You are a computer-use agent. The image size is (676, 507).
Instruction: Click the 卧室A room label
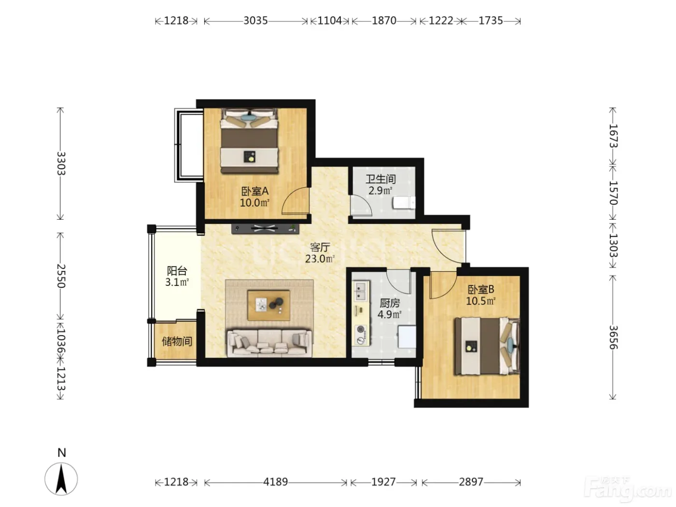point(254,192)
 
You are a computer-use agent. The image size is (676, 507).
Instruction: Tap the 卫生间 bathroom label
point(380,179)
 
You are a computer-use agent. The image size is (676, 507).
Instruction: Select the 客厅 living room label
point(320,247)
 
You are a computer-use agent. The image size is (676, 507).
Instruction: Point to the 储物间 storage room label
point(177,341)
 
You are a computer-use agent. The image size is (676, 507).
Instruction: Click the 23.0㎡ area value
point(320,259)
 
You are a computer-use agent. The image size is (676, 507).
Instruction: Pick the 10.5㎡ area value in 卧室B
point(480,301)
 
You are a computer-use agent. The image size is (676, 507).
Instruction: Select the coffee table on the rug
point(268,305)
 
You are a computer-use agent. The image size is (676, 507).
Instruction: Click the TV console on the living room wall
point(265,229)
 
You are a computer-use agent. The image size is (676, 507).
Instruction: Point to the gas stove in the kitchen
point(361,335)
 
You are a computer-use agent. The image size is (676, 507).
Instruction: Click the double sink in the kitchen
point(361,291)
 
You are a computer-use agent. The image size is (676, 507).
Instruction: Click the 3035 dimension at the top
point(255,21)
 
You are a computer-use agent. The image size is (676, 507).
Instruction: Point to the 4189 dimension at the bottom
point(275,482)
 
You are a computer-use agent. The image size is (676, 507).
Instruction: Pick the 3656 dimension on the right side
point(613,338)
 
